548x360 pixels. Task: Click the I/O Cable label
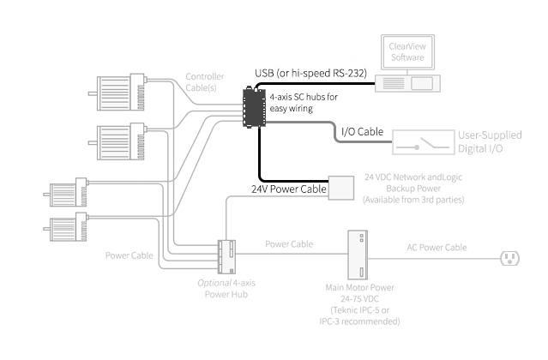362,132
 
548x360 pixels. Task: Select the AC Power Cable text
437,248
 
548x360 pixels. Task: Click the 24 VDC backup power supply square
342,188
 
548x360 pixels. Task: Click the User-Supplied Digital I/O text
491,141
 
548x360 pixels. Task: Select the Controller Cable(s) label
206,81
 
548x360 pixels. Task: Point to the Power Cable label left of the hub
128,255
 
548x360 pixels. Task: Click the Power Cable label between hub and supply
289,244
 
